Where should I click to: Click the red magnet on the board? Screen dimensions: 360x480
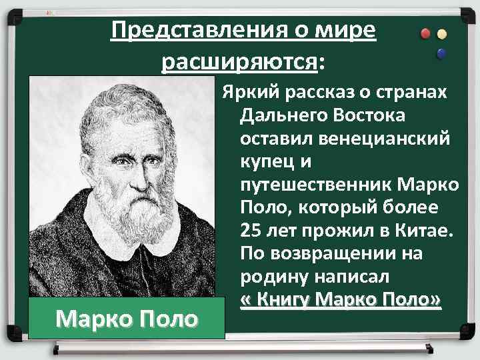(x=425, y=33)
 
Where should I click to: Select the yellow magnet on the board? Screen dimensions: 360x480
(x=441, y=33)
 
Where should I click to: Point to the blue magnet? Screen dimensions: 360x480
(x=441, y=53)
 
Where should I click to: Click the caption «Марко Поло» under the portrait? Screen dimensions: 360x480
(x=127, y=318)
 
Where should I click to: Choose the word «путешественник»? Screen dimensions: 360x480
(x=314, y=185)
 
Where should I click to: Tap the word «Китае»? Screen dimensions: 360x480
(x=426, y=231)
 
